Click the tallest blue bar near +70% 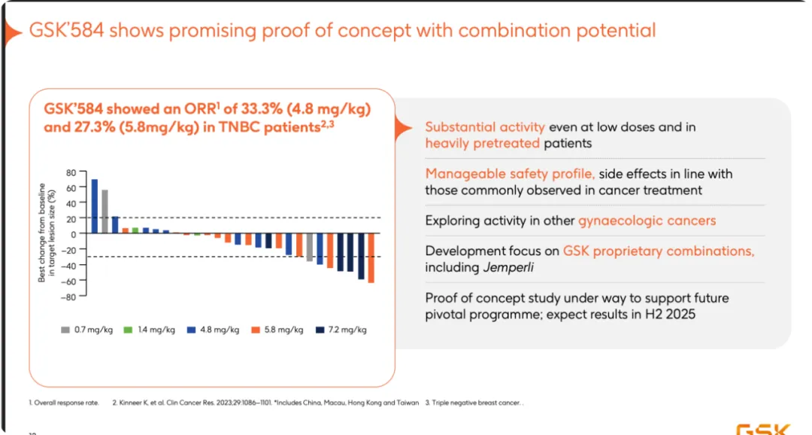click(x=94, y=205)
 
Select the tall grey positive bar click(x=105, y=211)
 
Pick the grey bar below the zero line click(x=309, y=247)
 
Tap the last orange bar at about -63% click(x=371, y=257)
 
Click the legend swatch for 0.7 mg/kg click(x=65, y=330)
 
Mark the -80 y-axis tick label click(x=68, y=297)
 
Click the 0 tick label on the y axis click(x=73, y=233)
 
